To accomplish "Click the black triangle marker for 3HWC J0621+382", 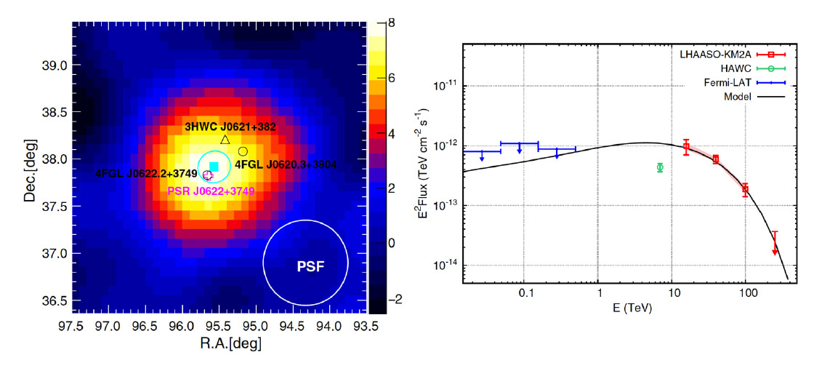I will point(225,140).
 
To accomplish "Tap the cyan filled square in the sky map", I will point(214,166).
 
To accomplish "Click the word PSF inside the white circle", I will point(306,267).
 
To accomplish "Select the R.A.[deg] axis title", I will point(220,342).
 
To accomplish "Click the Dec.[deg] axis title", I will point(30,167).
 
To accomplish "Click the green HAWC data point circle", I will point(660,167).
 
